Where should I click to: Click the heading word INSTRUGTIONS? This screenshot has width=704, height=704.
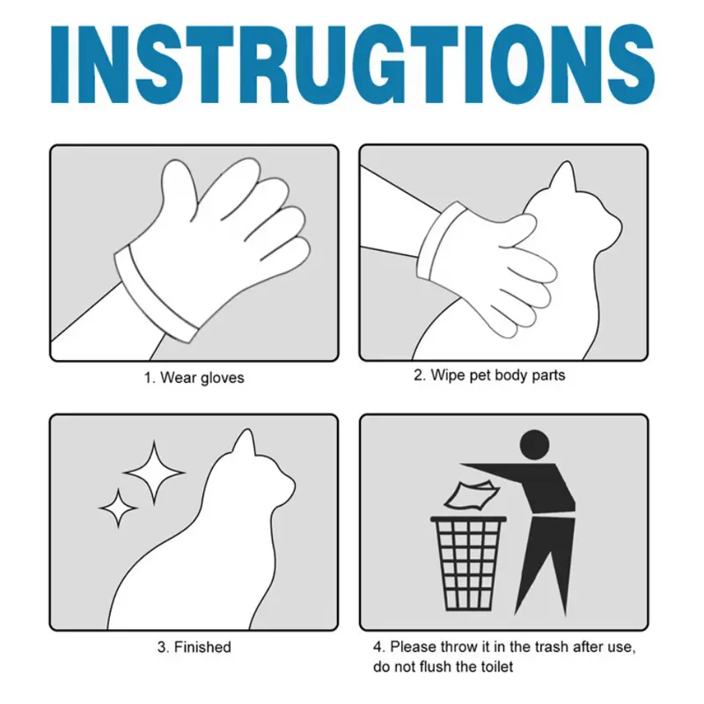(x=352, y=64)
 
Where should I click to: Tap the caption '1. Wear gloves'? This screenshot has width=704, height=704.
(x=194, y=378)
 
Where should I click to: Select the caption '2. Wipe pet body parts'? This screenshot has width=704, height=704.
(x=489, y=376)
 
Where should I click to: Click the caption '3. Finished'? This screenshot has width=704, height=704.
(x=194, y=647)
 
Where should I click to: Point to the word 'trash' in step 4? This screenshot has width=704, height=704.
(x=551, y=647)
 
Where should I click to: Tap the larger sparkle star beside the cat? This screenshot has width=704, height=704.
(x=154, y=473)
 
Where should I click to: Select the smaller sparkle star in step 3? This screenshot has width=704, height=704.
(x=118, y=508)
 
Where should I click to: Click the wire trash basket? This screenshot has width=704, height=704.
(x=468, y=563)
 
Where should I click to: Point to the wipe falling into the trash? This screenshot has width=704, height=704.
(x=472, y=495)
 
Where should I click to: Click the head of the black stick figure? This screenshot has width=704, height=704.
(x=535, y=445)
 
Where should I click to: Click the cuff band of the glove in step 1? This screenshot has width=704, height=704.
(x=155, y=294)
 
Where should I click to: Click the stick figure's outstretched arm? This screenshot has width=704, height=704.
(x=507, y=472)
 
